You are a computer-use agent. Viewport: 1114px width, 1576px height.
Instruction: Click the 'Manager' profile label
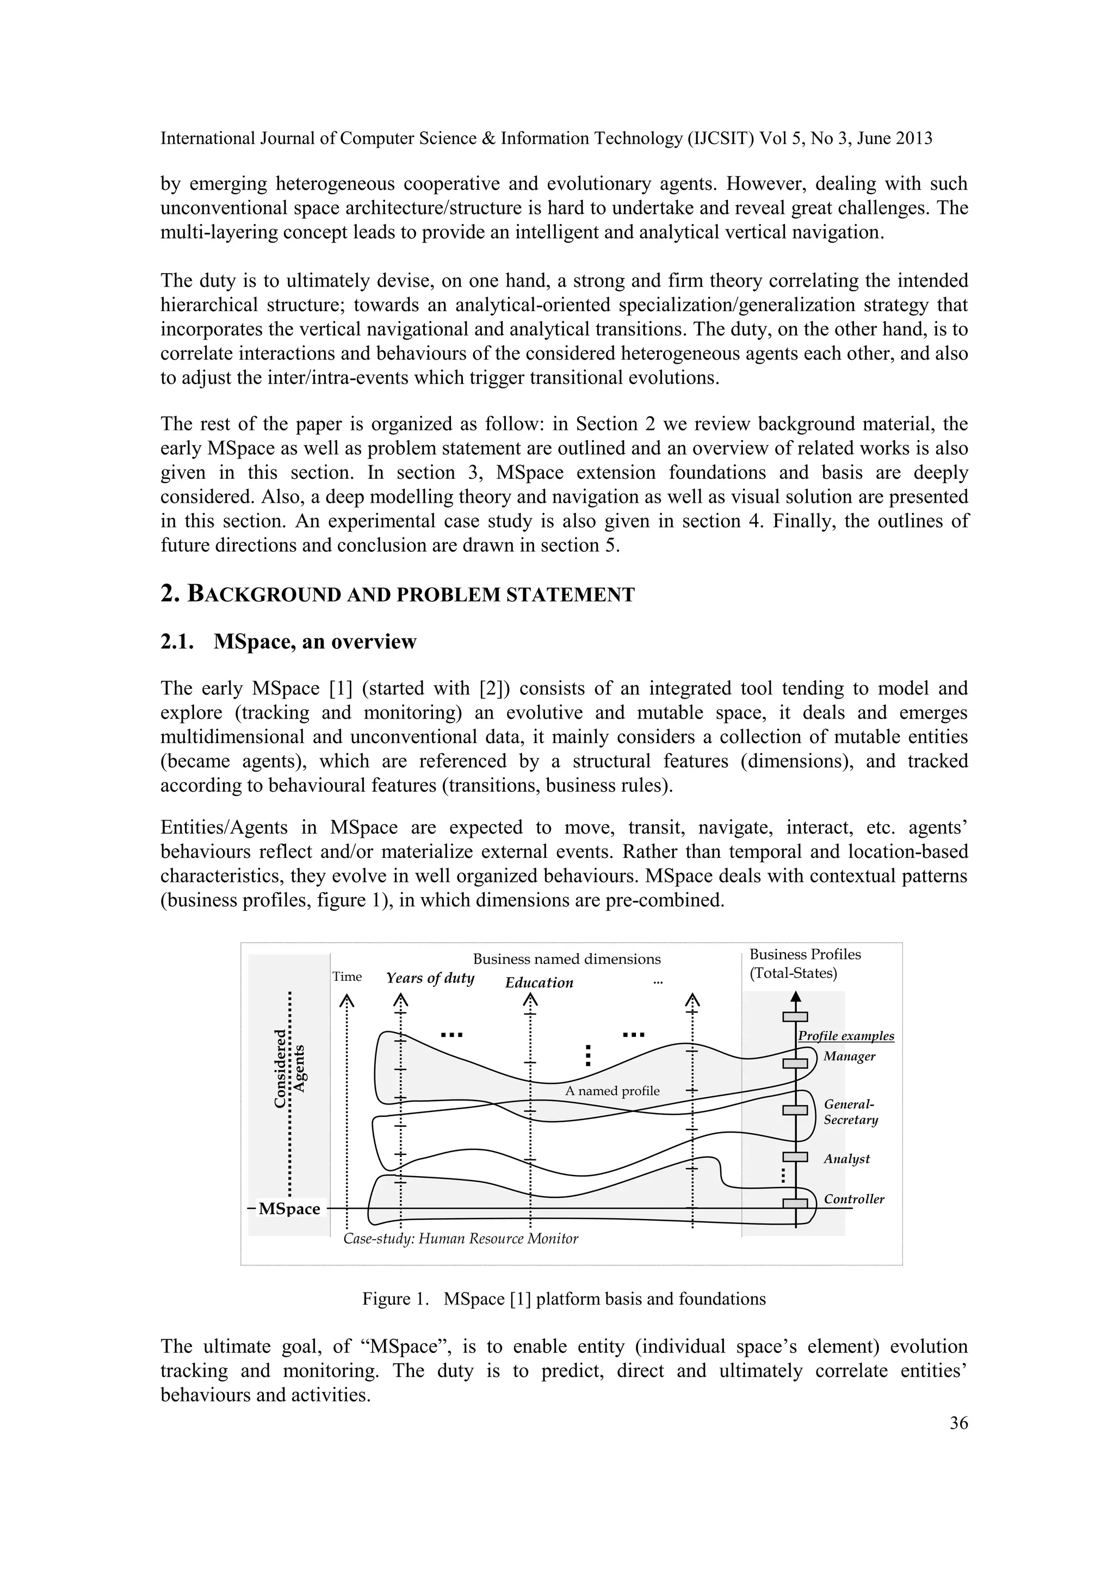pos(849,1056)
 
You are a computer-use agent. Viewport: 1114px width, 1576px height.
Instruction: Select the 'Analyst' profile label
pos(846,1159)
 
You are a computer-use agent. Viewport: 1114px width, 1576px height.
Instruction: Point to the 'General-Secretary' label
pos(850,1112)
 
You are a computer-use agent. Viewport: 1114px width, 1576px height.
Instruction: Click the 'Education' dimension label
pos(539,983)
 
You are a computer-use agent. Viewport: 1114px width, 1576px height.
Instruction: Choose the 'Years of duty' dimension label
pos(430,978)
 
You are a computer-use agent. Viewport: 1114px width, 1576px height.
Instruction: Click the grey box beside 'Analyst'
pos(795,1157)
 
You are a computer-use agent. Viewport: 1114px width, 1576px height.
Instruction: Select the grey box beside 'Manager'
pos(795,1063)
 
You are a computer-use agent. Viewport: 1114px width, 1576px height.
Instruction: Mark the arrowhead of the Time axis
pos(346,1001)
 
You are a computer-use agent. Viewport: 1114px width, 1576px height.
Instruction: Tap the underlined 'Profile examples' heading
pos(846,1036)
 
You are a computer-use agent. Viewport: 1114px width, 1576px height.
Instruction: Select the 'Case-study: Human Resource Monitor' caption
pos(461,1239)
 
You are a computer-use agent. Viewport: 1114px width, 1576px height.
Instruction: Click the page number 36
pos(958,1423)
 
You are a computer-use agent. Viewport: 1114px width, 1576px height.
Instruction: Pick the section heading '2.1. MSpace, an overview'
pos(288,642)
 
